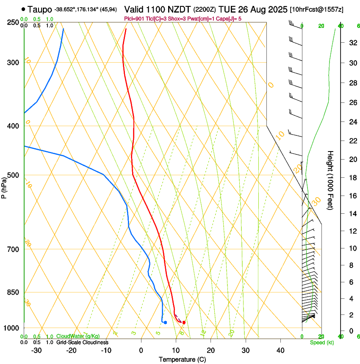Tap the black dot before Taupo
(23, 9)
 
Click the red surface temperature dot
(184, 323)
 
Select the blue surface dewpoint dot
(165, 323)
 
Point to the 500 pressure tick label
(14, 175)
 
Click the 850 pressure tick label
(14, 292)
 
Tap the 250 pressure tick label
(14, 22)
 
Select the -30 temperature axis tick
(36, 350)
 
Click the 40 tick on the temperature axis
(280, 350)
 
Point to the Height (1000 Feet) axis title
(331, 180)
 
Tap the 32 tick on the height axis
(352, 43)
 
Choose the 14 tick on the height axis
(352, 214)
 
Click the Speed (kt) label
(321, 342)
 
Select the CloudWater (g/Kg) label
(78, 336)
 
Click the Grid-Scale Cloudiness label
(82, 342)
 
